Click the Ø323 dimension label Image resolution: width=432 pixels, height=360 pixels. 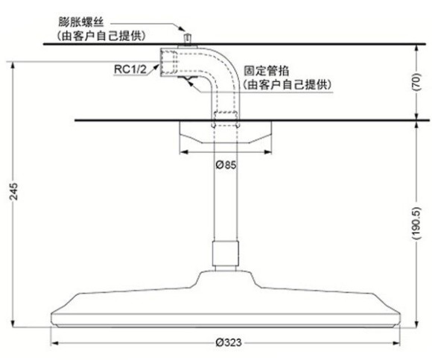click(229, 343)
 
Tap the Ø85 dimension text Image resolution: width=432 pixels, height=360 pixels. click(226, 165)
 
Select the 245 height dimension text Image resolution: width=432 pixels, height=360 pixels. click(13, 192)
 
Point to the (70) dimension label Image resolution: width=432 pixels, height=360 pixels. click(416, 82)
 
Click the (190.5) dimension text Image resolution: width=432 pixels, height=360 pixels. click(416, 223)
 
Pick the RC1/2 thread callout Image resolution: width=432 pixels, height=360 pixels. click(130, 69)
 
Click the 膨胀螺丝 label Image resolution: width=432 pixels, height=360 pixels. click(81, 22)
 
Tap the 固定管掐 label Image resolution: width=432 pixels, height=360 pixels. click(266, 71)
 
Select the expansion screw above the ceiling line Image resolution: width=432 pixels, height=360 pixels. click(188, 39)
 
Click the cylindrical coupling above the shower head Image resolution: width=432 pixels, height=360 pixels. click(226, 253)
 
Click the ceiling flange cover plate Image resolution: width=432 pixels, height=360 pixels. click(226, 132)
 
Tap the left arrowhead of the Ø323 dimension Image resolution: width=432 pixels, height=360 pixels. click(54, 343)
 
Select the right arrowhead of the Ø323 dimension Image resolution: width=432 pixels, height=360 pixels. click(396, 343)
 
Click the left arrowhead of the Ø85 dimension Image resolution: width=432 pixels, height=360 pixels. click(184, 152)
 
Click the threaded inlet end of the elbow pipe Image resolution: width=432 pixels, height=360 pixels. click(168, 63)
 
